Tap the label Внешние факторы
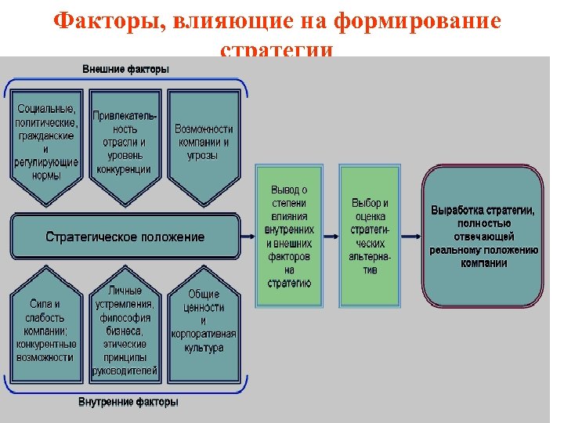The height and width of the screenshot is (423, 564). click(x=125, y=69)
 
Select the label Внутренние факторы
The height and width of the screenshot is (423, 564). click(x=128, y=402)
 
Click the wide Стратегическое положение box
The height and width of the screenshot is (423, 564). click(x=125, y=237)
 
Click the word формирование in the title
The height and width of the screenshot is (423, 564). click(x=418, y=21)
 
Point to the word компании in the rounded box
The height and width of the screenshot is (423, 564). click(x=483, y=263)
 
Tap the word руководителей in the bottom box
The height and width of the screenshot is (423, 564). click(x=125, y=371)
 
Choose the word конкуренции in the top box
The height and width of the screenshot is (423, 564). click(x=125, y=169)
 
